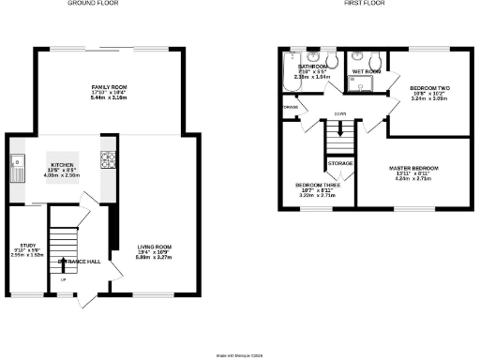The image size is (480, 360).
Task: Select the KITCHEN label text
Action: pyautogui.click(x=61, y=164)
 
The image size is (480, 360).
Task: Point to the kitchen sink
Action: pyautogui.click(x=18, y=169)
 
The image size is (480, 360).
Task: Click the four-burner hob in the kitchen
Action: pyautogui.click(x=108, y=159)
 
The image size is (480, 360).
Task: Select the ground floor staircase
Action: pyautogui.click(x=62, y=246)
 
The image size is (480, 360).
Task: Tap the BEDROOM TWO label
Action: pyautogui.click(x=429, y=88)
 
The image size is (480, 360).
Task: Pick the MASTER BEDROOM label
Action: pyautogui.click(x=413, y=168)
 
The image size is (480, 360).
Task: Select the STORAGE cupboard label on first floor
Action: pyautogui.click(x=340, y=164)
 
